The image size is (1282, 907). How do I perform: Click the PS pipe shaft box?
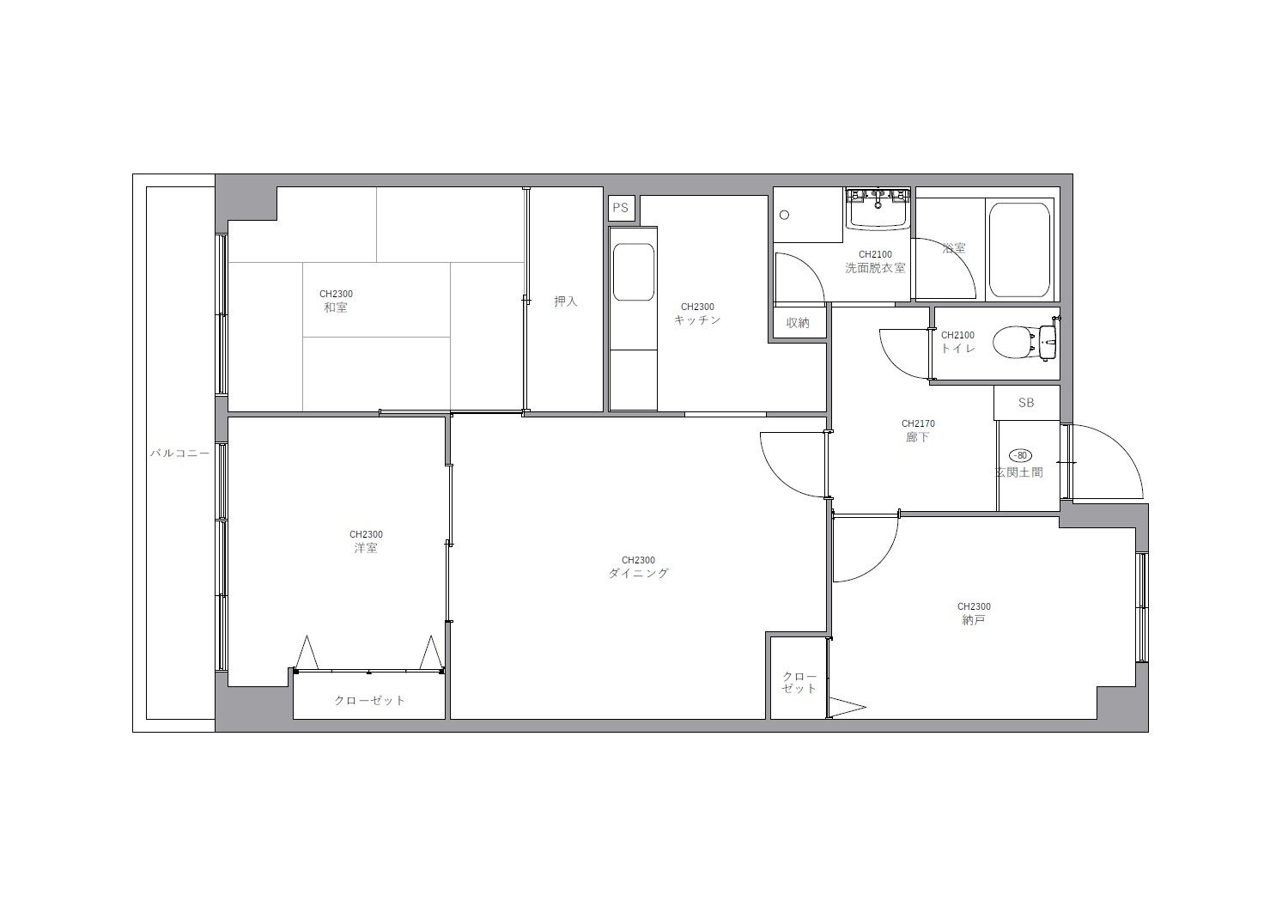point(622,208)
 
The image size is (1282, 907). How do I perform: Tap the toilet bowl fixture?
point(1024,343)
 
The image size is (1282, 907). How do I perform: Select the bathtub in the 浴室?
point(1020,250)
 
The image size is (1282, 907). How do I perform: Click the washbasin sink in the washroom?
point(878,209)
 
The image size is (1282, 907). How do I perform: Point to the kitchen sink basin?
point(634,272)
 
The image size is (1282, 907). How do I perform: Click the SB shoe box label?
point(1026,403)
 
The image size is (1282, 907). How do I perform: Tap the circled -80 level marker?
point(1022,456)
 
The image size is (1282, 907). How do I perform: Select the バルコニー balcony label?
point(180,453)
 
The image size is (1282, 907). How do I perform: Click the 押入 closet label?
point(566,301)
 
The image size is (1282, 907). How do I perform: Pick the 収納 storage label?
point(798,323)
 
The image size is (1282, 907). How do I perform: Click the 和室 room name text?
point(336,307)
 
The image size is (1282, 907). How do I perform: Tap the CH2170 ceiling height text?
point(918,423)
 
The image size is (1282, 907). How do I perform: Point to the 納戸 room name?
point(974,619)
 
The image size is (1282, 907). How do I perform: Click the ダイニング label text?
point(638,573)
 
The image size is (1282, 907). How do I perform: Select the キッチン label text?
point(697,320)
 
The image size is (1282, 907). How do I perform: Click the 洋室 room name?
point(366,548)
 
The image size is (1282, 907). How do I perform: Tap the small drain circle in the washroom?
point(785,215)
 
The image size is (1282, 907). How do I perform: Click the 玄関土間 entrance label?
point(1018,472)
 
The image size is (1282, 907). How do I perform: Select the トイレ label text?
point(958,348)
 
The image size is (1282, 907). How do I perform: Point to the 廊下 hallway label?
point(917,437)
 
